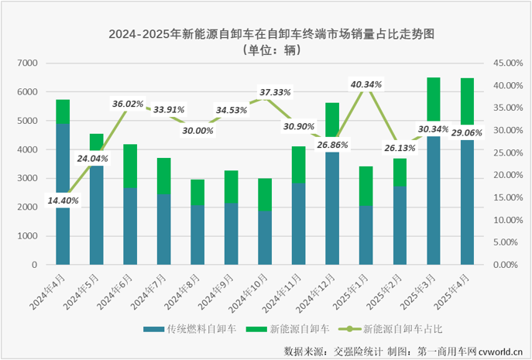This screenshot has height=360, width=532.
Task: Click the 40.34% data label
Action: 366,84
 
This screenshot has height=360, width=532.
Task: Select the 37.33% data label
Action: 275,92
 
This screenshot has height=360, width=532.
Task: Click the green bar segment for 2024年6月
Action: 130,166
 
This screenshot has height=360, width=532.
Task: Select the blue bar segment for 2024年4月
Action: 63,194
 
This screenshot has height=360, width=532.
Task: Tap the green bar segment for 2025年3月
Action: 434,106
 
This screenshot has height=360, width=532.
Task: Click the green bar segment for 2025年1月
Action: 366,186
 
